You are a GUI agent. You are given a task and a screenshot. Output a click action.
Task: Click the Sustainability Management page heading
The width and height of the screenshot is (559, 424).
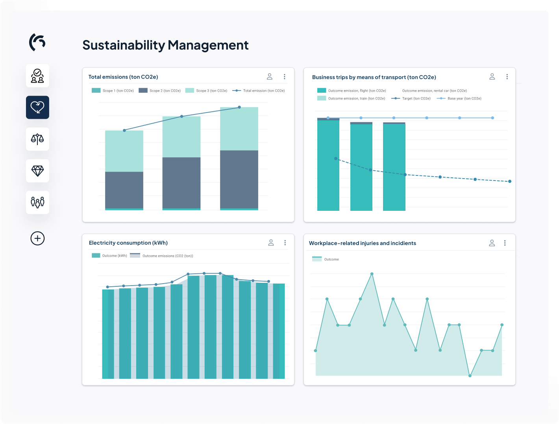(165, 45)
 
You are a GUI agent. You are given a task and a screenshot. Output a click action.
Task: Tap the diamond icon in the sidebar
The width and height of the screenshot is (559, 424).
(37, 171)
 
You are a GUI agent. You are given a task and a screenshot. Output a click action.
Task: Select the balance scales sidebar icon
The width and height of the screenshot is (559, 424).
(37, 139)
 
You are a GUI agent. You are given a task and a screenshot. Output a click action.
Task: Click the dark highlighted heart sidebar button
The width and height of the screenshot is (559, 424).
(37, 107)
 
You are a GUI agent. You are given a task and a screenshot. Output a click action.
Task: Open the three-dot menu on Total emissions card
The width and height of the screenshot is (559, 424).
(284, 77)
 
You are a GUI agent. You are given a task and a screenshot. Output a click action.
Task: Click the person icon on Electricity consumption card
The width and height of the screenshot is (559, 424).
(271, 243)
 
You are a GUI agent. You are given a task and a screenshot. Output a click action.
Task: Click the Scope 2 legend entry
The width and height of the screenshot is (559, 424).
(160, 90)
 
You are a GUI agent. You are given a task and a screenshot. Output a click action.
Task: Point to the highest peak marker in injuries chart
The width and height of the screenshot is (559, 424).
(372, 274)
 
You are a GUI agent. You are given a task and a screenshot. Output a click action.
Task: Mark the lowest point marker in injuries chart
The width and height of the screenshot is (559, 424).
(470, 376)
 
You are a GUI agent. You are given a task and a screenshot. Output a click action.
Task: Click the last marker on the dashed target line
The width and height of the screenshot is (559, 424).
(510, 181)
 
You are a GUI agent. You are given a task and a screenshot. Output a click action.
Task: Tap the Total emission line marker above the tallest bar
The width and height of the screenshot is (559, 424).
(239, 107)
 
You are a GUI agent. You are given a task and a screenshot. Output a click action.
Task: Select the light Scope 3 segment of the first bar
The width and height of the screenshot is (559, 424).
(124, 151)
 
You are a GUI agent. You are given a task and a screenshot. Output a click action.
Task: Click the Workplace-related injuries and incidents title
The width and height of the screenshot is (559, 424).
(362, 243)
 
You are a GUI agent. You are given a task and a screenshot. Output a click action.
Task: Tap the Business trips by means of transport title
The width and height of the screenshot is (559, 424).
(374, 77)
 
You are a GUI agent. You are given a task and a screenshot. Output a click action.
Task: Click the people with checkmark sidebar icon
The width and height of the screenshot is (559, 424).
(37, 76)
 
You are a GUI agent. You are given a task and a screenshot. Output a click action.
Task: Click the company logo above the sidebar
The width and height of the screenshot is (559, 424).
(37, 42)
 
